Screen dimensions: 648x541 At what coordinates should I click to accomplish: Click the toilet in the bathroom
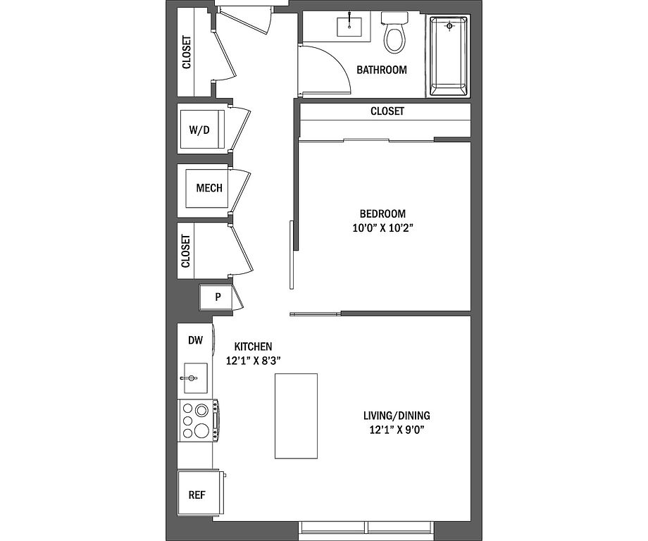click(x=394, y=32)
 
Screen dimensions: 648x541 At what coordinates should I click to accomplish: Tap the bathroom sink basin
click(x=349, y=27)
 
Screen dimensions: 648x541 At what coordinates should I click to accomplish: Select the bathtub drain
click(x=449, y=27)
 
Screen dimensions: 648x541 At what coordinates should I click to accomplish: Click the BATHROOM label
click(x=382, y=70)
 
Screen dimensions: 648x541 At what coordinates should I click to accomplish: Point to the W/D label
click(x=199, y=130)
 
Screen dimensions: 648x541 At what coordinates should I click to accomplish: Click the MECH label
click(x=209, y=189)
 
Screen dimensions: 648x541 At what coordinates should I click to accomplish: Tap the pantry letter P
click(x=218, y=297)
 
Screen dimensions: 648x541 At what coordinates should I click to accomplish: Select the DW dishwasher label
click(x=196, y=340)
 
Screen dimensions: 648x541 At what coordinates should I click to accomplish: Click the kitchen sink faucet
click(x=189, y=378)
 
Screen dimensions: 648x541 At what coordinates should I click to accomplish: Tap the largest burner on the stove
click(x=202, y=430)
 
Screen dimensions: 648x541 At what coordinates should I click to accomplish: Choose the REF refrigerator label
click(x=197, y=495)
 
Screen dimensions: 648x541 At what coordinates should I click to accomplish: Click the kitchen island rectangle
click(x=297, y=416)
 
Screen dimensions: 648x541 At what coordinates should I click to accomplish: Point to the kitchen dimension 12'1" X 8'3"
click(x=254, y=361)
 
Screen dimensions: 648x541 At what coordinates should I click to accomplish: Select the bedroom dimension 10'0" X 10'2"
click(x=382, y=228)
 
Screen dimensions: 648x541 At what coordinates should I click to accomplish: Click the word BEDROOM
click(x=382, y=213)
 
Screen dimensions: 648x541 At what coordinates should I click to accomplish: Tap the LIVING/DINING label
click(x=397, y=416)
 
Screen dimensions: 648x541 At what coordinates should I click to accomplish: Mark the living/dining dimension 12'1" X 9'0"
click(x=397, y=430)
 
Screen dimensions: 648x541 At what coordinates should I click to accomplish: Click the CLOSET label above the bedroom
click(x=387, y=111)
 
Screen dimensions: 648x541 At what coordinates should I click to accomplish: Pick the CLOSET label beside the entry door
click(x=187, y=53)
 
